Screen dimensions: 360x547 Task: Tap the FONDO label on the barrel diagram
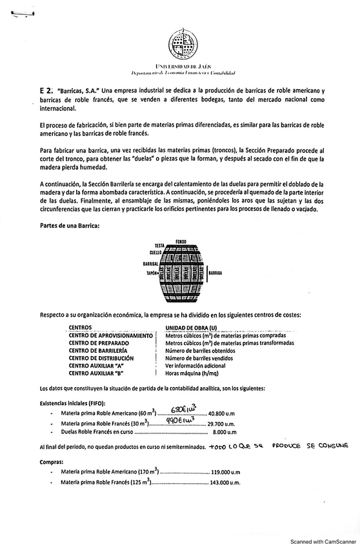(x=181, y=241)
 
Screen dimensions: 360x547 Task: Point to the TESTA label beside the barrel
(x=160, y=246)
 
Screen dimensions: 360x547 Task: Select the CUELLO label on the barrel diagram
(x=155, y=252)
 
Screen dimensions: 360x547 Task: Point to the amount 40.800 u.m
(x=224, y=413)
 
